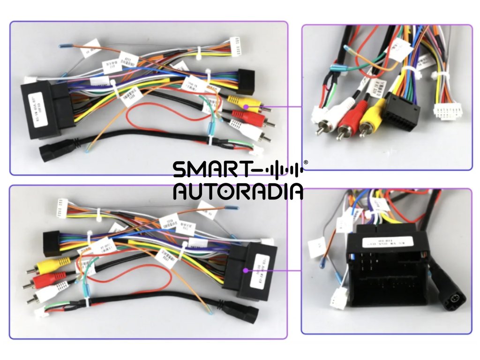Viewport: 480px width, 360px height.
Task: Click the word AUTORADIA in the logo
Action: (238, 192)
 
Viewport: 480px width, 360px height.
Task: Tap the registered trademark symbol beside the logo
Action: (306, 163)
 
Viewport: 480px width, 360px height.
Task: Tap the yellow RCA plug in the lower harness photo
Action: (49, 265)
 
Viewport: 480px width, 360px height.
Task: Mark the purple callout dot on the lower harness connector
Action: (246, 270)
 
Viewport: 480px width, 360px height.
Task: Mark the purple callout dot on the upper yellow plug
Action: (245, 106)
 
